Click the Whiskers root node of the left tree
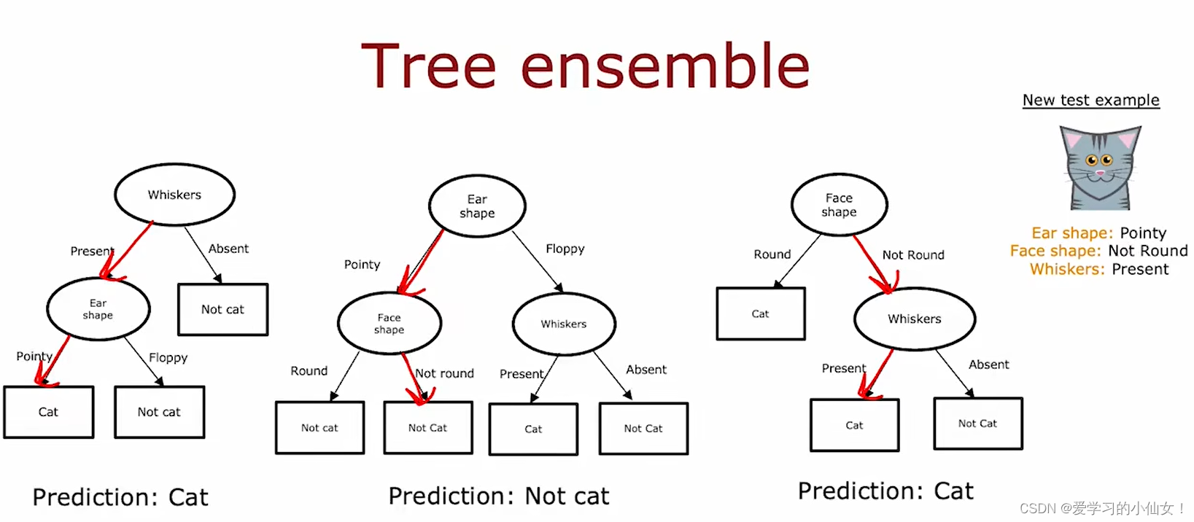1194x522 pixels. pos(174,195)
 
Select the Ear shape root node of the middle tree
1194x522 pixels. pos(477,206)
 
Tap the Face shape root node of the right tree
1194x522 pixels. pos(839,205)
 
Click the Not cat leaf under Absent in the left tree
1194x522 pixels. pos(223,309)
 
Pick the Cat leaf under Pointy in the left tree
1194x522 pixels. pos(48,412)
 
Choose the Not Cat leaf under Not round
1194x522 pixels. pos(428,428)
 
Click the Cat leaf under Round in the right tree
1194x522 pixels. pos(760,313)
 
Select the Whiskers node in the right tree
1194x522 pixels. pos(915,319)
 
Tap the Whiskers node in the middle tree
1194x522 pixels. pos(564,324)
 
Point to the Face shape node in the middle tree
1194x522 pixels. pos(389,324)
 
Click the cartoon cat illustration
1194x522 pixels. pos(1100,168)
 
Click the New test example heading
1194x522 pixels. pos(1090,101)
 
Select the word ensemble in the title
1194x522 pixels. pos(665,66)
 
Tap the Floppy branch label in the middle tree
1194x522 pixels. pos(565,249)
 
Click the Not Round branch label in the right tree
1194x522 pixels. pos(913,255)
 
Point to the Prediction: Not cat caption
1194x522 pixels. pos(499,496)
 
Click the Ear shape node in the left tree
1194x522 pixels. pos(98,309)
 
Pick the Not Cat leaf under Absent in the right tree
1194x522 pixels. pos(978,424)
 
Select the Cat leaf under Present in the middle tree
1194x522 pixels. pos(533,429)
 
